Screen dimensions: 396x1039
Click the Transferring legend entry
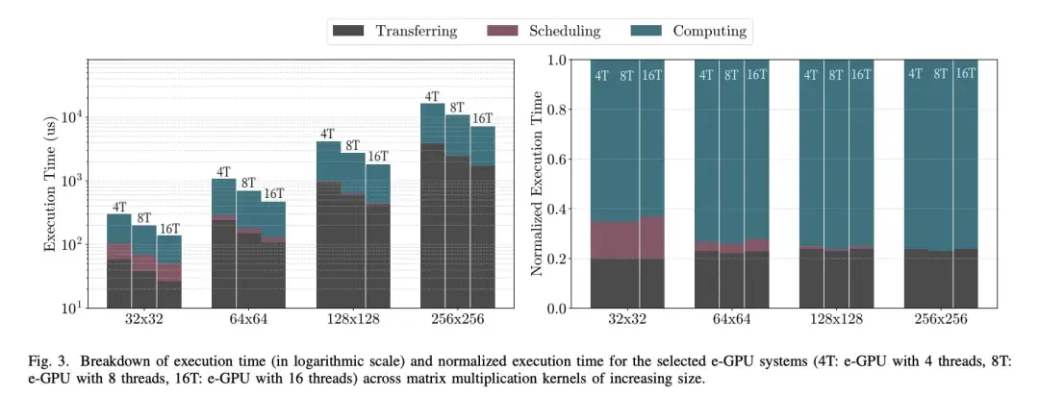pos(416,31)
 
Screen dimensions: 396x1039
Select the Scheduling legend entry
pos(564,31)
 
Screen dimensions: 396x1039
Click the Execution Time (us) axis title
pos(50,183)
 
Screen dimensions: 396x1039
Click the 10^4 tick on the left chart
pos(73,117)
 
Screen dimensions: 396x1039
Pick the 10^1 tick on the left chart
pos(73,308)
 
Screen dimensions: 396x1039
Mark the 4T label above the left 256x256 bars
pos(432,96)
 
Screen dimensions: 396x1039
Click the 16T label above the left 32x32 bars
pos(169,229)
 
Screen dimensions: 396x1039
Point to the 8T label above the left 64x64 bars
pos(248,184)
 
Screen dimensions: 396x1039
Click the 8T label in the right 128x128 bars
pos(836,74)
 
